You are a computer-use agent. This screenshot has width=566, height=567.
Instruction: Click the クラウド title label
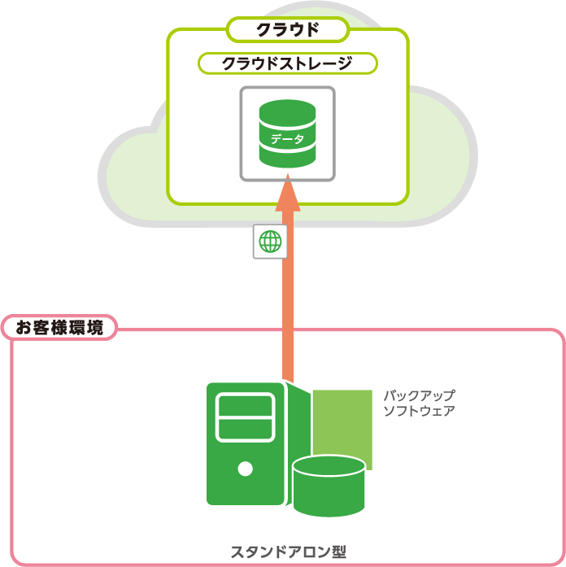click(287, 30)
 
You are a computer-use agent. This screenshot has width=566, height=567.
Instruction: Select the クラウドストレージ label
click(287, 63)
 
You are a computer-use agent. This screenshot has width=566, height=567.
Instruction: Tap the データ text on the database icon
click(287, 139)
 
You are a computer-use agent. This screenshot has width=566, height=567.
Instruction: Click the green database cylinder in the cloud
click(287, 133)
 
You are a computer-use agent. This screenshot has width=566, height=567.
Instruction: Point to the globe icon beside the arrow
click(270, 242)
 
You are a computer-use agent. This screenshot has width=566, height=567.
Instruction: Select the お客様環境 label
click(59, 328)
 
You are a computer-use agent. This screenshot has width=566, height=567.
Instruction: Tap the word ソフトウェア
click(419, 411)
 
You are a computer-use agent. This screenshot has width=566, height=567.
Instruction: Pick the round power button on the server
click(245, 468)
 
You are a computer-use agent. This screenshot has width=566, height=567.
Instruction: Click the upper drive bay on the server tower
click(245, 403)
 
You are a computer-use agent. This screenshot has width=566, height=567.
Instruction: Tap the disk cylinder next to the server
click(329, 488)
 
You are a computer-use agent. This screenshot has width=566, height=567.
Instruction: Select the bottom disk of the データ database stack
click(287, 157)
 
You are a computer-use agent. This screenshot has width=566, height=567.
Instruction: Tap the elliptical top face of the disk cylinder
click(329, 466)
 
